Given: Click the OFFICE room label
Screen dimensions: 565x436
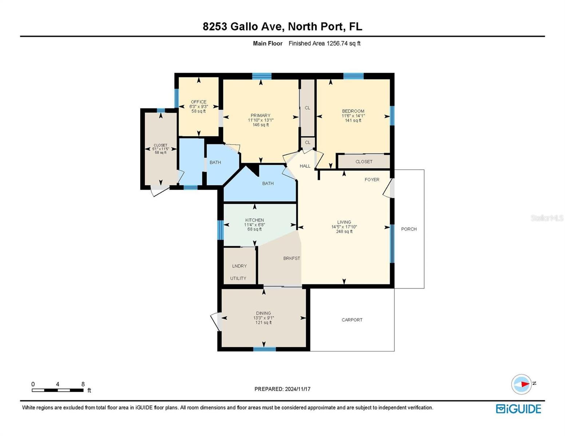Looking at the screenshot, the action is click(x=198, y=102).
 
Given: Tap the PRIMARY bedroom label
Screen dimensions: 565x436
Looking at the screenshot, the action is click(x=260, y=115).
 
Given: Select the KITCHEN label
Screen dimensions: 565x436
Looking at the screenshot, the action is click(x=254, y=220).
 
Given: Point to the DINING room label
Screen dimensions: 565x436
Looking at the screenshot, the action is click(x=263, y=313).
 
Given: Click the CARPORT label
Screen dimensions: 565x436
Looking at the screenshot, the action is click(x=352, y=320).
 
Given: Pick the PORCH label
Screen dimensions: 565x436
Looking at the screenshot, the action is click(x=409, y=229).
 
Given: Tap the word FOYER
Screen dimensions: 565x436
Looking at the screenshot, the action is click(x=372, y=179).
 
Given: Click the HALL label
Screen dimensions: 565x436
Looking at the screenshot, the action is click(x=305, y=166).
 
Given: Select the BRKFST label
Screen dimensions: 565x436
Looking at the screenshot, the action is click(x=291, y=258).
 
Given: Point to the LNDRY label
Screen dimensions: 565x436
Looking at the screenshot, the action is click(x=239, y=266).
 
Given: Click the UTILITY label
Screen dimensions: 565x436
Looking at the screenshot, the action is click(x=238, y=278).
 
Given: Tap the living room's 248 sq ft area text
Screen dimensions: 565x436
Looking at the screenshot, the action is click(x=344, y=231).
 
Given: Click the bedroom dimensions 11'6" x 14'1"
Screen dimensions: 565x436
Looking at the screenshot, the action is click(x=353, y=116).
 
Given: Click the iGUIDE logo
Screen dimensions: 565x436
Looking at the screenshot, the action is click(x=518, y=409).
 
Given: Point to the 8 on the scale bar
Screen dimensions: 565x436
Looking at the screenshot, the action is click(x=83, y=384).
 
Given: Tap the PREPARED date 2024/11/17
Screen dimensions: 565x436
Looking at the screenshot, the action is click(x=298, y=389).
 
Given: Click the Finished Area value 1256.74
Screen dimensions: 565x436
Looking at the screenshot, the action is click(x=337, y=43).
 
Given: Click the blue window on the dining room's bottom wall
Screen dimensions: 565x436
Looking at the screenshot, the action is click(x=264, y=349).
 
